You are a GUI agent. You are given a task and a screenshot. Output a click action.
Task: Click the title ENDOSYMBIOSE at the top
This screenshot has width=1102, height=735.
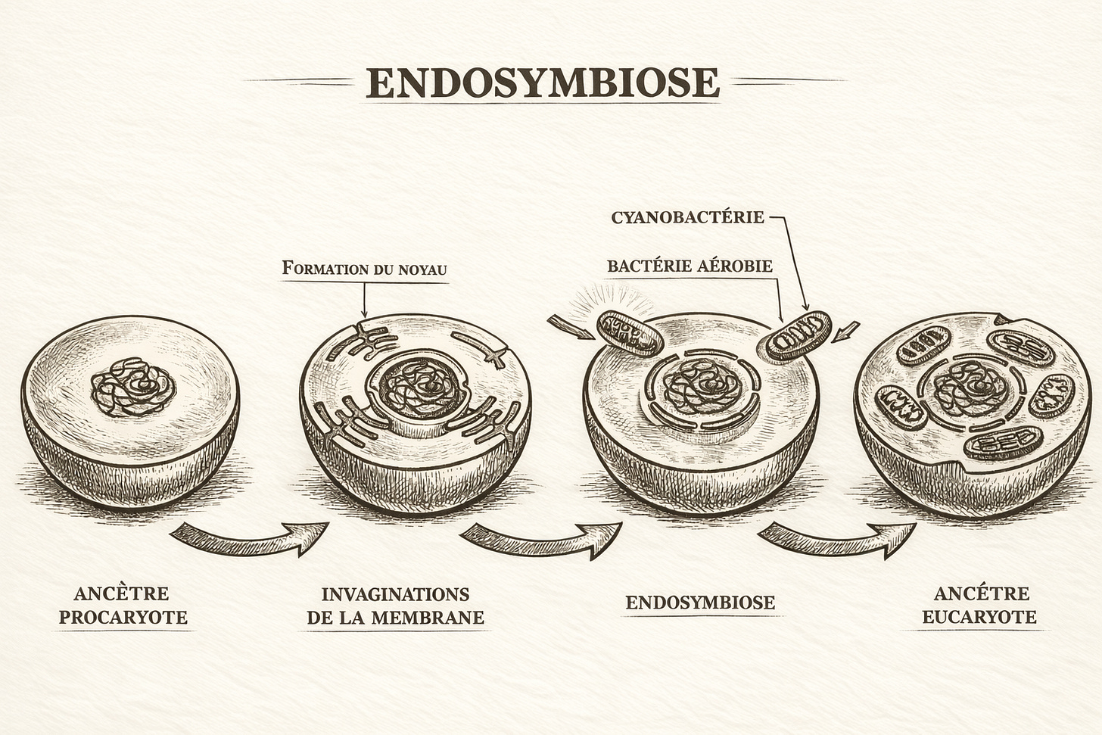click(x=542, y=83)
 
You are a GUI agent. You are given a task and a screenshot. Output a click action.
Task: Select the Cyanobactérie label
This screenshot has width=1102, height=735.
click(x=687, y=217)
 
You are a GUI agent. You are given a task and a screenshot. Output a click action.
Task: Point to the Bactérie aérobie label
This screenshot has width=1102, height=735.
click(x=690, y=266)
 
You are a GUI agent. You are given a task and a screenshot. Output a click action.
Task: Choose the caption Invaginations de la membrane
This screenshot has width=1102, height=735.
click(x=395, y=605)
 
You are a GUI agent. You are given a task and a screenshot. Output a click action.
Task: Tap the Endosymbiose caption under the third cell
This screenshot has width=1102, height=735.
click(x=700, y=603)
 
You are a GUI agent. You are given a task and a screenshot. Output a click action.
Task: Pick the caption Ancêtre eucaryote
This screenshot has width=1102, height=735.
click(x=970, y=605)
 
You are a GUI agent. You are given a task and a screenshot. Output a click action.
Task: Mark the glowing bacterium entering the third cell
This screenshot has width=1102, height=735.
click(x=630, y=333)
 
